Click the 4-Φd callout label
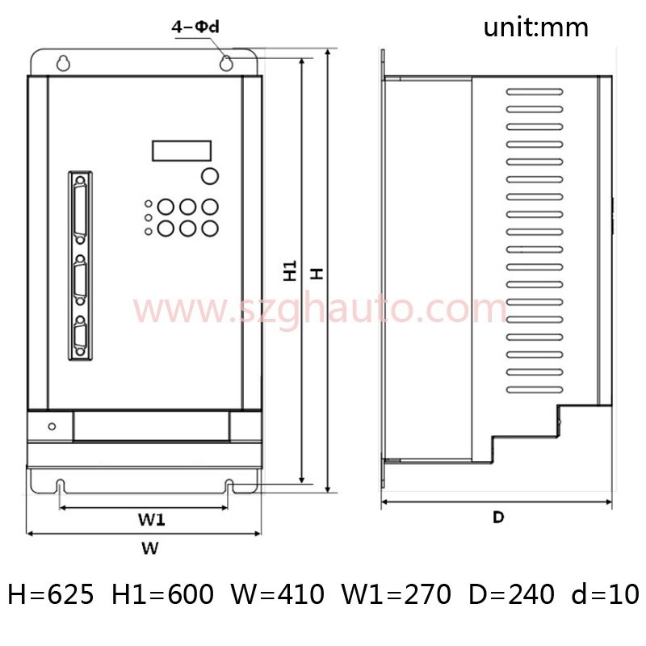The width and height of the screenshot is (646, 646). [x=195, y=27]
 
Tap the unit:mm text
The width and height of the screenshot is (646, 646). [x=535, y=27]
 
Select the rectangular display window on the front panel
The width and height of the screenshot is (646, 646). [x=182, y=150]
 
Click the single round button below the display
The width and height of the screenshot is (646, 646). [x=210, y=176]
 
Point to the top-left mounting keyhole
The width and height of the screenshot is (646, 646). [x=63, y=63]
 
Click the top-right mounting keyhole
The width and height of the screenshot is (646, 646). [x=226, y=63]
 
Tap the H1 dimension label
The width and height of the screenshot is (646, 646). [x=290, y=271]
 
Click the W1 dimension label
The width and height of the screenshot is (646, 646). [x=152, y=519]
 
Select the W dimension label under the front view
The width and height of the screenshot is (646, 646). [x=150, y=548]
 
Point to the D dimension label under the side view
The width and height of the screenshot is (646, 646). [x=498, y=517]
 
